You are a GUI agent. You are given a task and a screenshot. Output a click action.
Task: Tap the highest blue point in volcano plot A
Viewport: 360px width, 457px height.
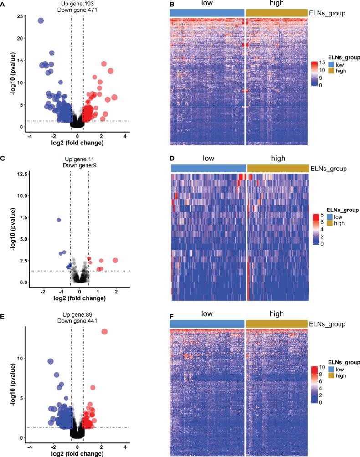pos(41,21)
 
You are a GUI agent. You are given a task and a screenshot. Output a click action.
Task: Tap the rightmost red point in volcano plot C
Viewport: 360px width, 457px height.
pos(115,260)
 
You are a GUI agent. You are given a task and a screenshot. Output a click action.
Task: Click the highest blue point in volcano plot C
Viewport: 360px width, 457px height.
pos(58,220)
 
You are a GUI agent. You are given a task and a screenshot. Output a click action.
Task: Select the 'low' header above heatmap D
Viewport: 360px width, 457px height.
pos(208,159)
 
